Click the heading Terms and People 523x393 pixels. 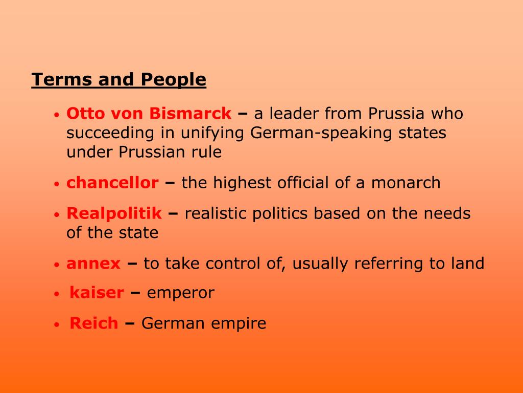pyautogui.click(x=118, y=80)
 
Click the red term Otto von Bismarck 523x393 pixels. pyautogui.click(x=149, y=113)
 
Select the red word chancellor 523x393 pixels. pyautogui.click(x=112, y=183)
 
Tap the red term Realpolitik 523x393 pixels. pyautogui.click(x=114, y=213)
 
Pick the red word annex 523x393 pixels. pyautogui.click(x=93, y=264)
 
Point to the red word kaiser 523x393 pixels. pyautogui.click(x=97, y=293)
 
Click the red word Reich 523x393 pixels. pyautogui.click(x=93, y=323)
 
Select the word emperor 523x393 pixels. pyautogui.click(x=180, y=293)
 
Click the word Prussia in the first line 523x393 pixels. pyautogui.click(x=397, y=113)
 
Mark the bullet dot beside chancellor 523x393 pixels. pyautogui.click(x=58, y=184)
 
